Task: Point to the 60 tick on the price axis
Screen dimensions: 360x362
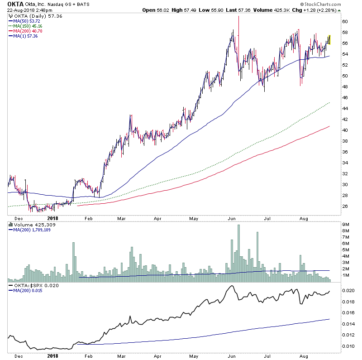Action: (x=345, y=21)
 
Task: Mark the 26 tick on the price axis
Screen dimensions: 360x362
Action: (x=345, y=206)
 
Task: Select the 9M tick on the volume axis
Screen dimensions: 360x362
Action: (x=346, y=225)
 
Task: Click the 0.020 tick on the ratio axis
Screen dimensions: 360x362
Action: (x=348, y=290)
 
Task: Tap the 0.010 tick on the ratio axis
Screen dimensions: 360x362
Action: (x=348, y=346)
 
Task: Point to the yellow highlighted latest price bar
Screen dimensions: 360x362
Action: (x=330, y=40)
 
